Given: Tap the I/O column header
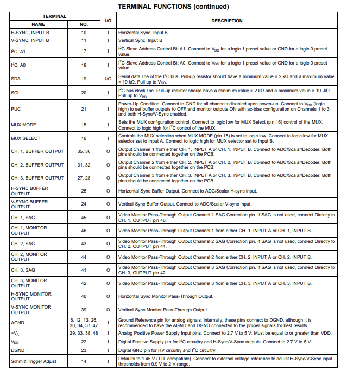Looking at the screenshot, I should click(x=108, y=21).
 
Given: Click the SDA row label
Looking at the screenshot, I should click(x=16, y=79).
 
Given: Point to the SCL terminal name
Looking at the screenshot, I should click(x=16, y=93).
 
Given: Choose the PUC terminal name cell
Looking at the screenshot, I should click(x=16, y=109).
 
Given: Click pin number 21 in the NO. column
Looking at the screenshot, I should click(x=84, y=109).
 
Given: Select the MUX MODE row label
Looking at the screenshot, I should click(x=23, y=125).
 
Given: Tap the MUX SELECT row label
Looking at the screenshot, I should click(x=26, y=138).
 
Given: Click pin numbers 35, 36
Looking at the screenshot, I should click(x=84, y=151).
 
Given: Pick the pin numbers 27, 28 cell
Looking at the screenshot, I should click(x=84, y=177).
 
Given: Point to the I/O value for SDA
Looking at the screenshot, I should click(x=108, y=79).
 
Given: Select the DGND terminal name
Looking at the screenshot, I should click(x=17, y=351).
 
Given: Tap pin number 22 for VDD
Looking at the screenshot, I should click(x=84, y=342).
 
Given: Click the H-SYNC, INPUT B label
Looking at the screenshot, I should click(x=30, y=33).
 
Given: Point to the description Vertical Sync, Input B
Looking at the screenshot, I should click(x=141, y=40).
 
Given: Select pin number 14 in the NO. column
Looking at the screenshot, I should click(x=84, y=361).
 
